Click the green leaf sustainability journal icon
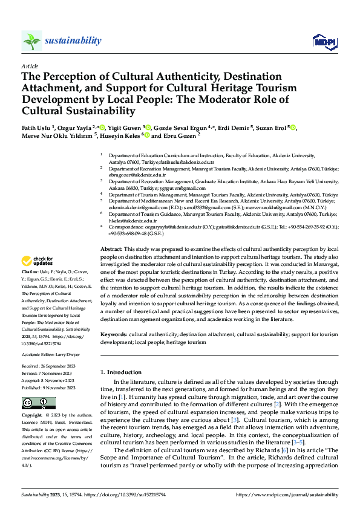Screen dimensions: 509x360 pyautogui.click(x=31, y=41)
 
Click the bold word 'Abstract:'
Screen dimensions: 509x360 pyautogui.click(x=111, y=249)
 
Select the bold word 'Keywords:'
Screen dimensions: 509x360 pyautogui.click(x=113, y=334)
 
